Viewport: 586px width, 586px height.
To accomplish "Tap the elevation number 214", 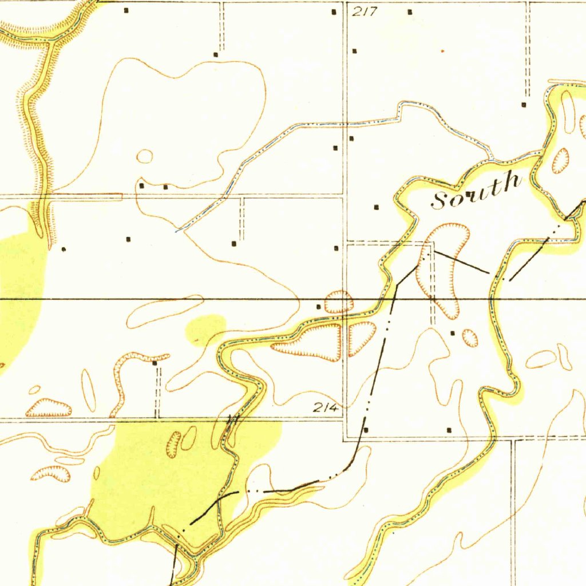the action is click(326, 408).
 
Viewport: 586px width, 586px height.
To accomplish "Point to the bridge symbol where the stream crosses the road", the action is click(232, 421).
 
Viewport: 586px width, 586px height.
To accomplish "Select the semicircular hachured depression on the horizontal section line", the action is click(339, 302).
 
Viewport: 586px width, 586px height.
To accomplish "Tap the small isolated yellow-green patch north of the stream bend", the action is click(205, 328).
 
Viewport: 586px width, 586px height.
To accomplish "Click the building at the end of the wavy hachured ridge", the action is click(155, 362).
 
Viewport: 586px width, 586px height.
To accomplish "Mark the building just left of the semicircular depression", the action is click(319, 307).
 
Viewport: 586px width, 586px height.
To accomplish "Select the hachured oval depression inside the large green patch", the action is click(173, 444).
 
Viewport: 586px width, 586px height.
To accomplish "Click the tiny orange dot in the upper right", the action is click(442, 51).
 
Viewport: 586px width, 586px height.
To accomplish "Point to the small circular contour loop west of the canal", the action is click(145, 156).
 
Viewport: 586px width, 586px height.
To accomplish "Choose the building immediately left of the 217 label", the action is click(335, 11).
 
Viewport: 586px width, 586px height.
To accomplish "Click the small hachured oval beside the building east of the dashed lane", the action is click(470, 338).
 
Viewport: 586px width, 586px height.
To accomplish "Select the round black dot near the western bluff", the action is click(64, 249).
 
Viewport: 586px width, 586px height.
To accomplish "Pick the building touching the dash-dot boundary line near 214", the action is click(366, 429).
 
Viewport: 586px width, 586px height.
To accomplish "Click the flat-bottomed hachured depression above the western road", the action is click(49, 407).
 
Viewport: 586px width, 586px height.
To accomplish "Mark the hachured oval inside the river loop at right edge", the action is click(560, 161).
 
